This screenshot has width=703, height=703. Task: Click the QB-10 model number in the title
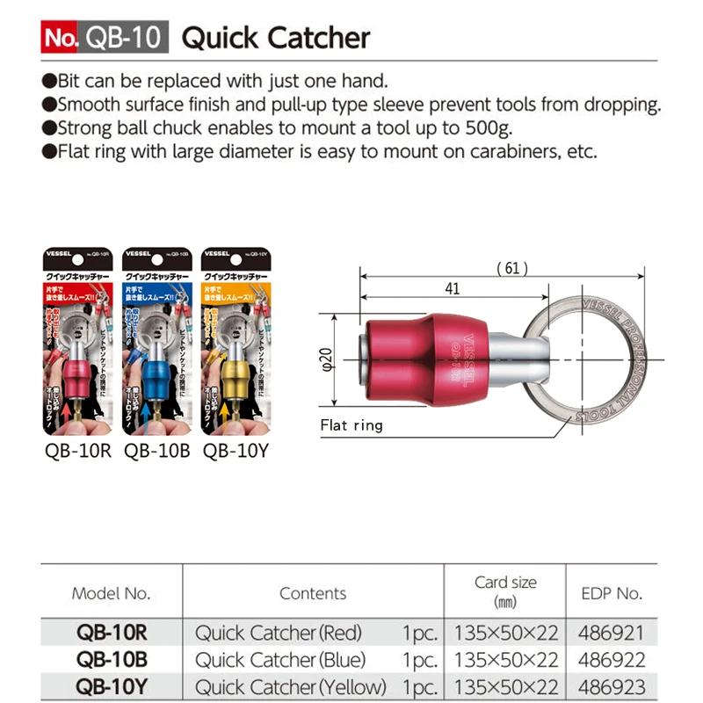[124, 39]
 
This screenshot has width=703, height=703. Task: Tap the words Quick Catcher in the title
[275, 39]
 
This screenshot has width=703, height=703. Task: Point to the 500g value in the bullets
[494, 127]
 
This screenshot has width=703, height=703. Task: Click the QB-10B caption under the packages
[157, 452]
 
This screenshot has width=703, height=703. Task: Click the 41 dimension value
[452, 287]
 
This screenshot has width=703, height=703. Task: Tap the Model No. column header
[111, 593]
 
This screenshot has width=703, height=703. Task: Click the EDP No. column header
[612, 593]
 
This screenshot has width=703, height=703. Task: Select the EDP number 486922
[612, 659]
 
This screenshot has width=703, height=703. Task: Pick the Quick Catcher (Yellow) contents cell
[291, 686]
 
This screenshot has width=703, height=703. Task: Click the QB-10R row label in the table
[111, 633]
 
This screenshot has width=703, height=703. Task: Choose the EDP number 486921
[612, 633]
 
